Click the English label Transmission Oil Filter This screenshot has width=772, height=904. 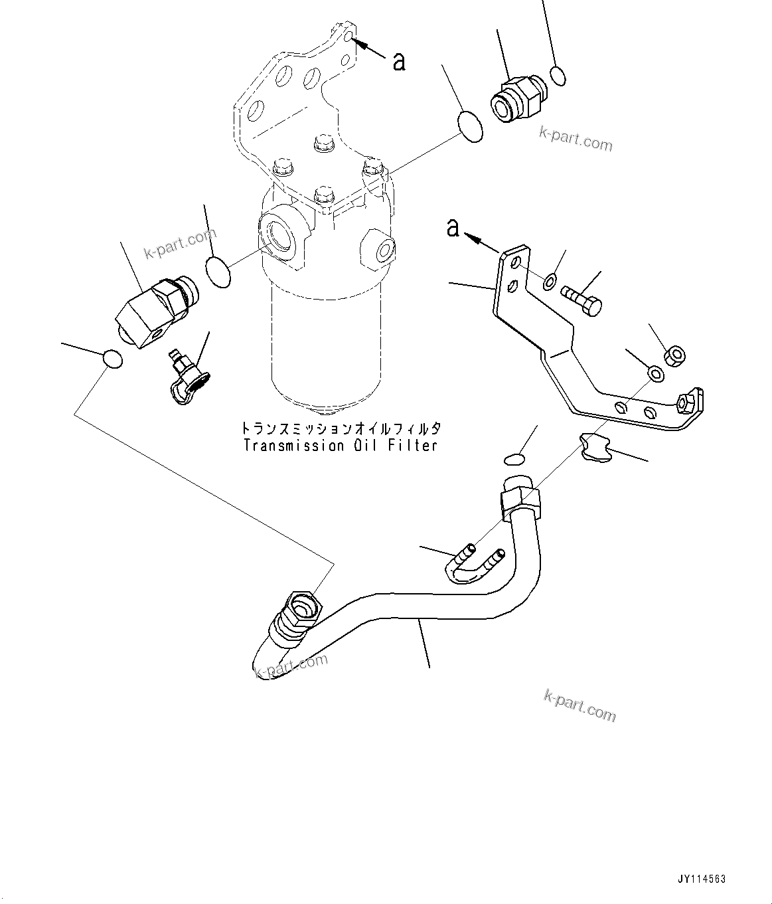tap(341, 446)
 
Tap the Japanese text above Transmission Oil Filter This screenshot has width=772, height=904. tap(341, 428)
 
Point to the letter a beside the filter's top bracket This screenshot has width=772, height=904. tap(398, 61)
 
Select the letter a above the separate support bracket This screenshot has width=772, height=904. tap(453, 228)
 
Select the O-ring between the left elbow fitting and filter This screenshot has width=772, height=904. tap(218, 272)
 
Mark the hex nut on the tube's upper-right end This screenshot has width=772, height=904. tap(522, 502)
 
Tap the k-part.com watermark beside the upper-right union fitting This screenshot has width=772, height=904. tap(576, 138)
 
